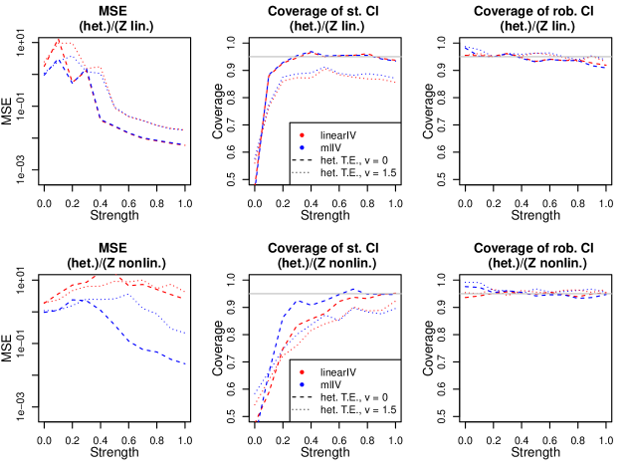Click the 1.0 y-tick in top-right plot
(452, 43)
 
